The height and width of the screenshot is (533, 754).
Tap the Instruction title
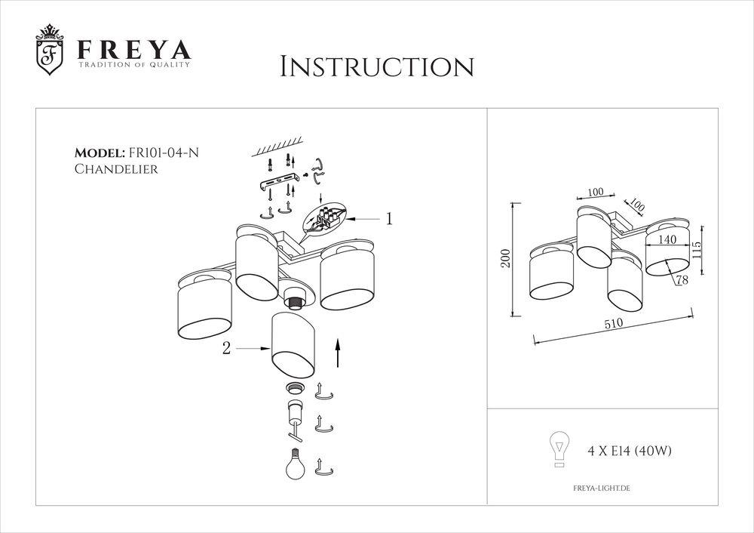pos(376,66)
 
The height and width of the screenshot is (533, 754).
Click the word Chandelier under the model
pos(116,169)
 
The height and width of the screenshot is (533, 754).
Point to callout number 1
pos(389,219)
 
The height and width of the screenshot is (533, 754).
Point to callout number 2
pos(225,348)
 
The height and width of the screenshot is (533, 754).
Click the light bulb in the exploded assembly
pos(294,461)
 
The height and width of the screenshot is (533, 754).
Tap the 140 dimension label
pos(667,239)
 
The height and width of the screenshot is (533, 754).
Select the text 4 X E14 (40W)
pos(629,451)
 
